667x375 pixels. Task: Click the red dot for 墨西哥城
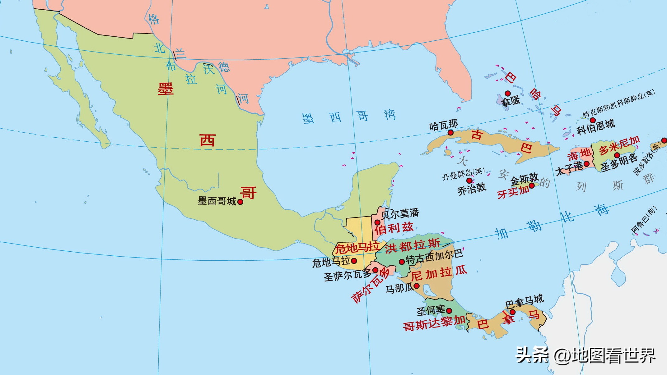pos(240,202)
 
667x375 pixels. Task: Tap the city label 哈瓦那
pos(443,126)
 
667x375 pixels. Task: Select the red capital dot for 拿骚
pos(507,93)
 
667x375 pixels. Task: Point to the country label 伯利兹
pos(394,229)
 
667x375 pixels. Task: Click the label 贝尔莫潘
pos(400,213)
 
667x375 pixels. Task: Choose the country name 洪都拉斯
pos(413,246)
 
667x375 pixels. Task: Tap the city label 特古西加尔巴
pos(434,257)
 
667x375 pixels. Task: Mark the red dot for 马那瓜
pos(417,286)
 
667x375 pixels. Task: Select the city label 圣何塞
pos(431,310)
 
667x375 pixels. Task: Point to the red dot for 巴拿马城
pos(512,312)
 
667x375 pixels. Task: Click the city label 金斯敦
pos(525,179)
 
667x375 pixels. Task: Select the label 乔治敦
pos(472,189)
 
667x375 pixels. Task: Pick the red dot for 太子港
pos(586,164)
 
